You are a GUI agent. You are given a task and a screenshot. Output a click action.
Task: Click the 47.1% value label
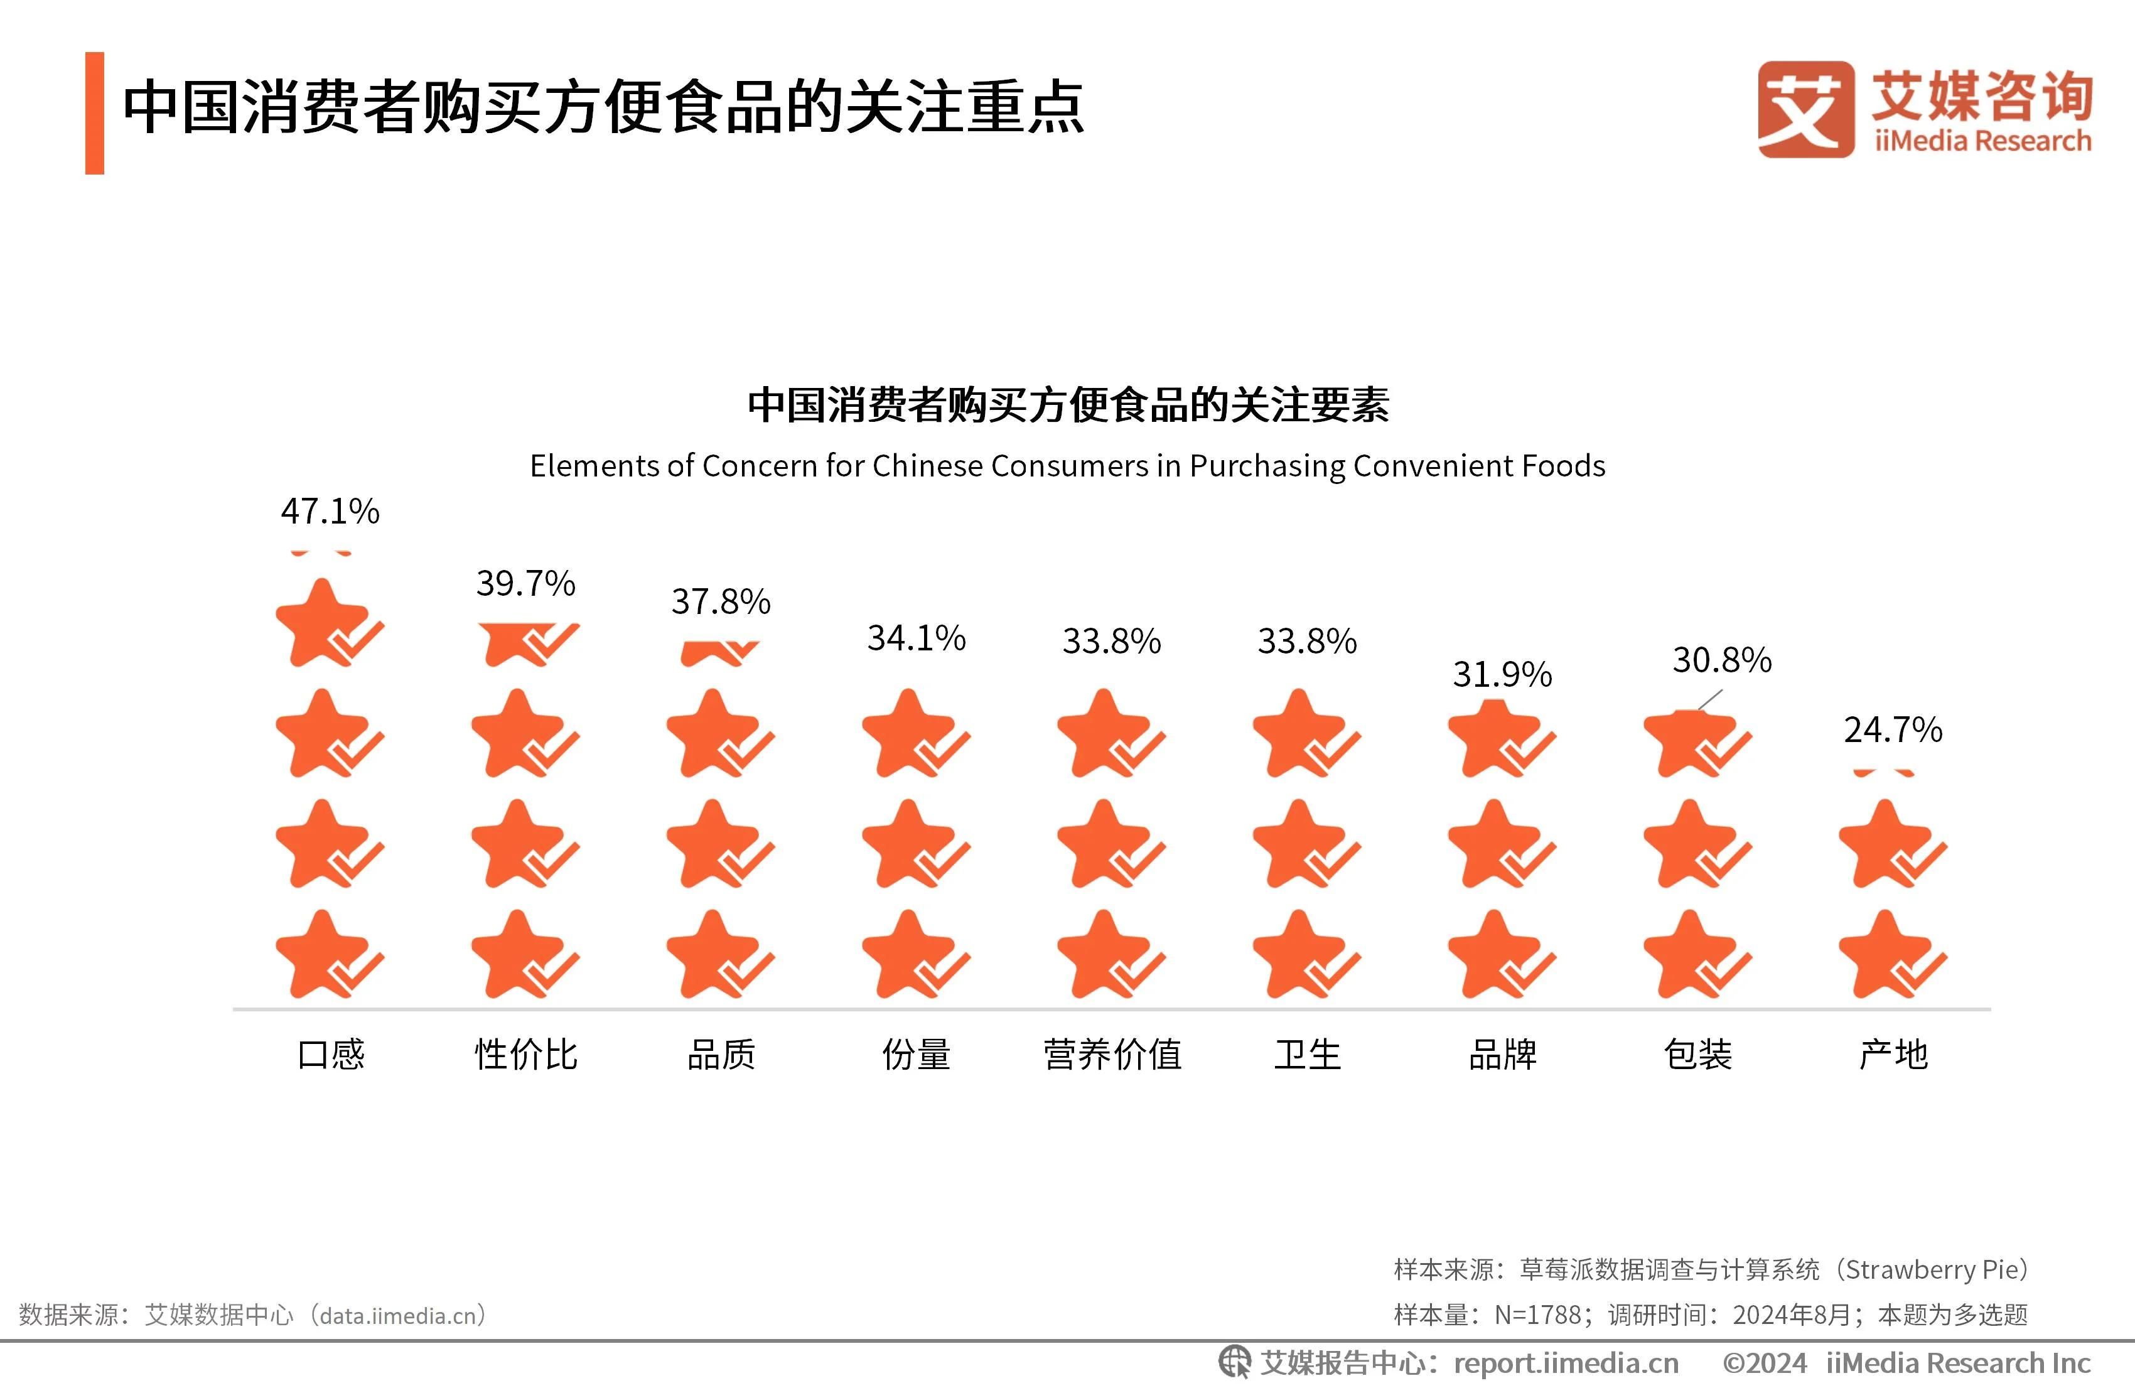(x=330, y=512)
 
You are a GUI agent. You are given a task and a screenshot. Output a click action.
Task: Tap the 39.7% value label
(x=525, y=584)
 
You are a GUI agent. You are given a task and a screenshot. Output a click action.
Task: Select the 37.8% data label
(x=721, y=602)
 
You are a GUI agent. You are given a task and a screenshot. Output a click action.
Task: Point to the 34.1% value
(x=916, y=638)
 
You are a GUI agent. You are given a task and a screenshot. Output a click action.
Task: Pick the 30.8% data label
(x=1721, y=660)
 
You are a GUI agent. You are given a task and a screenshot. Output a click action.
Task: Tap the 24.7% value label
(x=1893, y=730)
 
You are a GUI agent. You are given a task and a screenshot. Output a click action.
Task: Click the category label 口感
(x=331, y=1054)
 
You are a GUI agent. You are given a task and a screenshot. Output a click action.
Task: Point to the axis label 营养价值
(x=1112, y=1054)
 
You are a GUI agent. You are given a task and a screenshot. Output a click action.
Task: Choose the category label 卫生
(x=1307, y=1054)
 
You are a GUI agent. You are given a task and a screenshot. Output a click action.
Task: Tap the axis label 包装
(x=1698, y=1054)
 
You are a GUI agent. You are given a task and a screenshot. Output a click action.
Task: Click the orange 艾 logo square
(x=1805, y=109)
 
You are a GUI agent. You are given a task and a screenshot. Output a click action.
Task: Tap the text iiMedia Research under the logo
(x=1982, y=141)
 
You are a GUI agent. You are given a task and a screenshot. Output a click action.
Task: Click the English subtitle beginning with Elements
(x=1067, y=466)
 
